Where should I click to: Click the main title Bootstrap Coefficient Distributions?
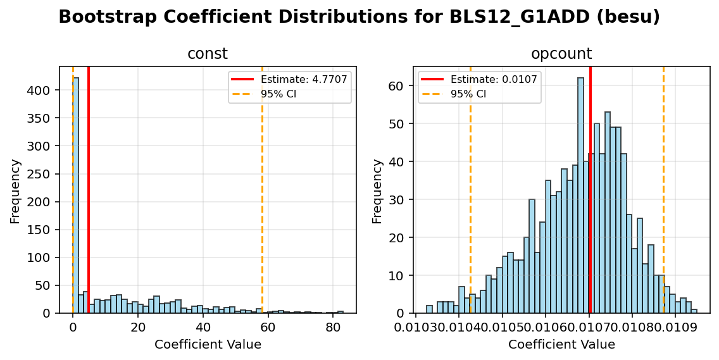tap(359, 17)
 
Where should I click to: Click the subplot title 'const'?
tap(207, 54)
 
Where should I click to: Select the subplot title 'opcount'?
tap(561, 54)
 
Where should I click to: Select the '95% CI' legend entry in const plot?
tap(278, 94)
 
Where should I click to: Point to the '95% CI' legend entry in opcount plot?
tap(468, 94)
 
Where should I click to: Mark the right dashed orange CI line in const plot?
tap(262, 190)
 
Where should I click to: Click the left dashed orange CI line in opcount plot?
tap(470, 190)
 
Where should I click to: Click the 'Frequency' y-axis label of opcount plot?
tap(377, 190)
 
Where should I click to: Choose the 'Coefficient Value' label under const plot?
tap(208, 345)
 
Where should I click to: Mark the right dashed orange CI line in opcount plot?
tap(663, 190)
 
